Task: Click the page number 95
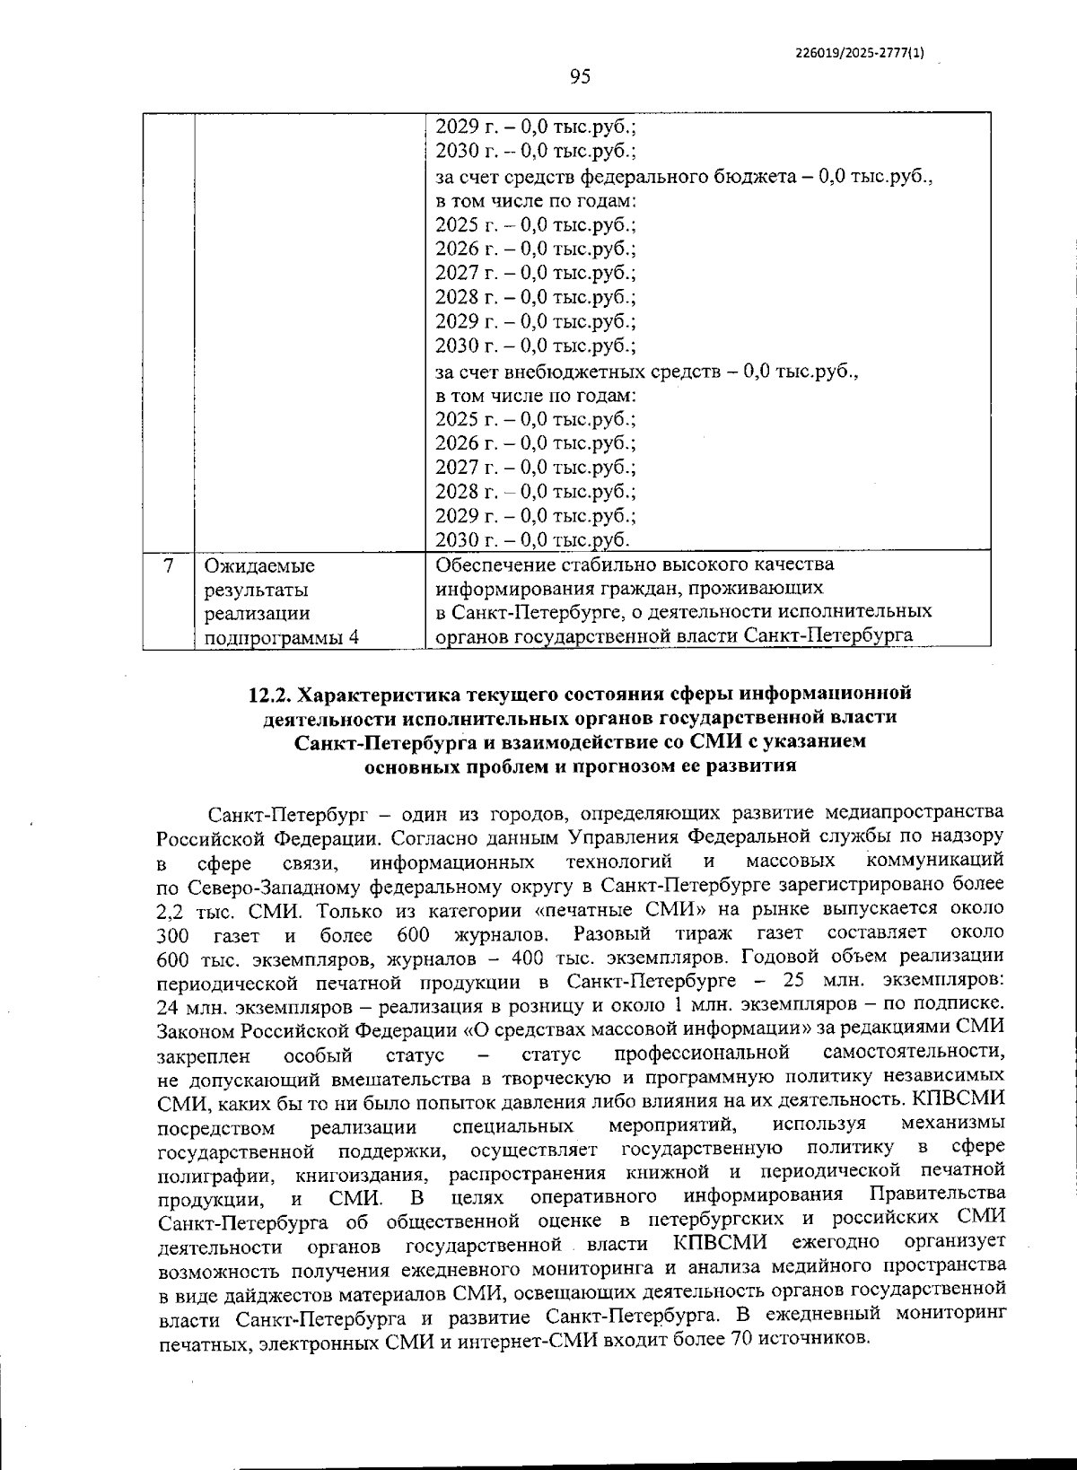coord(580,77)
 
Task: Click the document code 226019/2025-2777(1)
coord(860,53)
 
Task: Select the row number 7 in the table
coord(169,566)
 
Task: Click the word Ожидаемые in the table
coord(259,566)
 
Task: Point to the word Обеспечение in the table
coord(495,564)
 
